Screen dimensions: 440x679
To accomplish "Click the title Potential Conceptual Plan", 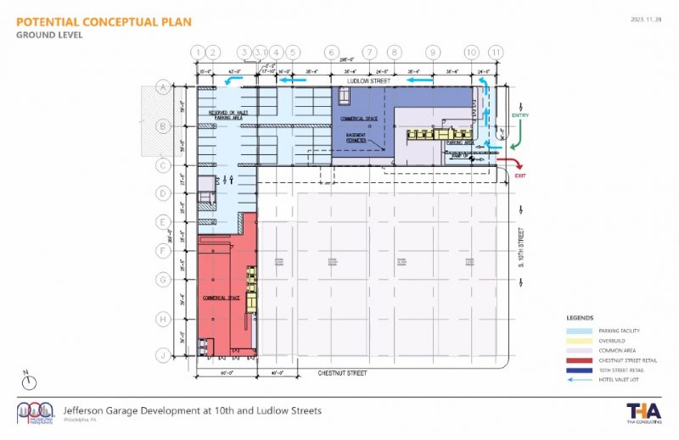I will (x=103, y=21).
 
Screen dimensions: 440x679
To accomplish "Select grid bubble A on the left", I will (x=161, y=86).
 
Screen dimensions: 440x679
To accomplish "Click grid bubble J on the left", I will (x=161, y=356).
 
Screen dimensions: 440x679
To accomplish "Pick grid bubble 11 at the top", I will (x=496, y=52).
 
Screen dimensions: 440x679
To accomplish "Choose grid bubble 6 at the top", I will (x=331, y=52).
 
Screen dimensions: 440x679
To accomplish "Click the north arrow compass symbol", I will (x=27, y=379).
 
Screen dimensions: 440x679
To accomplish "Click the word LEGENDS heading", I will (x=580, y=318).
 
